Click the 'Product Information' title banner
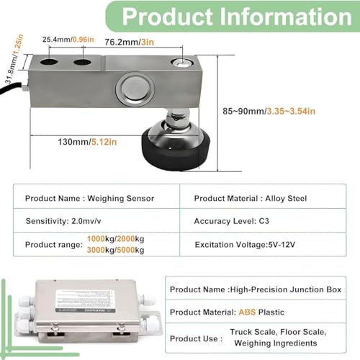pos(233,17)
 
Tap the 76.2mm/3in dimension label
pos(129,42)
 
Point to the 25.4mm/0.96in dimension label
pos(68,40)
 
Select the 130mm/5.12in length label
pos(87,142)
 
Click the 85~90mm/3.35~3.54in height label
pos(269,111)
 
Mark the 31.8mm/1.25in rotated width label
pos(14,59)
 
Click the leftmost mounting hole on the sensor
pos(49,62)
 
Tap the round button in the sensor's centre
pos(135,88)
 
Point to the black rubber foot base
pos(176,150)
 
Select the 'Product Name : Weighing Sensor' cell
pos(89,199)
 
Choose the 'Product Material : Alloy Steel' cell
pos(251,199)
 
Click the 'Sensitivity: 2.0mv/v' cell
pos(63,221)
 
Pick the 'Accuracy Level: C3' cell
pos(231,221)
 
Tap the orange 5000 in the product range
pos(126,250)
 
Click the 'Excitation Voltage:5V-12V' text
pos(245,245)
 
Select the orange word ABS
pos(247,312)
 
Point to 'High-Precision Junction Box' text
pos(286,289)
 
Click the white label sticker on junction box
pos(84,301)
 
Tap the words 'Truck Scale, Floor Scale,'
pos(278,332)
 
